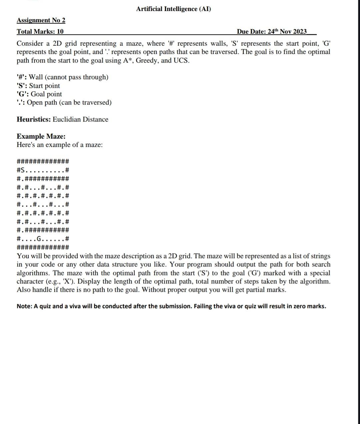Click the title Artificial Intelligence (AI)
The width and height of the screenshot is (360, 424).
click(173, 9)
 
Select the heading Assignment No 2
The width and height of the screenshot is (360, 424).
click(41, 20)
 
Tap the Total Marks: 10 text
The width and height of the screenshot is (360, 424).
click(40, 32)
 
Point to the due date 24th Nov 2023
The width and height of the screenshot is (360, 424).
click(272, 32)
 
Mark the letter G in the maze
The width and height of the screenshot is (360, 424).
click(39, 239)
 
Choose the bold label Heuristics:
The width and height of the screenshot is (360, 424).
click(34, 119)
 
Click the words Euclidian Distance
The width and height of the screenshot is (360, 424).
click(80, 119)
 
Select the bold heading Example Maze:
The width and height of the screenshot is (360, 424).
click(41, 136)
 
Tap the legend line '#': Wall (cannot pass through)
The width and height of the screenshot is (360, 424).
click(62, 77)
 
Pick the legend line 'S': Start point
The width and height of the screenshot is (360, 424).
click(38, 86)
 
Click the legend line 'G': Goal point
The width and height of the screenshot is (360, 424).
click(39, 94)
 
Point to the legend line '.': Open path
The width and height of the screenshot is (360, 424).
click(64, 103)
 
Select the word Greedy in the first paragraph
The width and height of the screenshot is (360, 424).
click(147, 60)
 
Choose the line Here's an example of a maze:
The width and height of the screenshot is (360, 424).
click(60, 145)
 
